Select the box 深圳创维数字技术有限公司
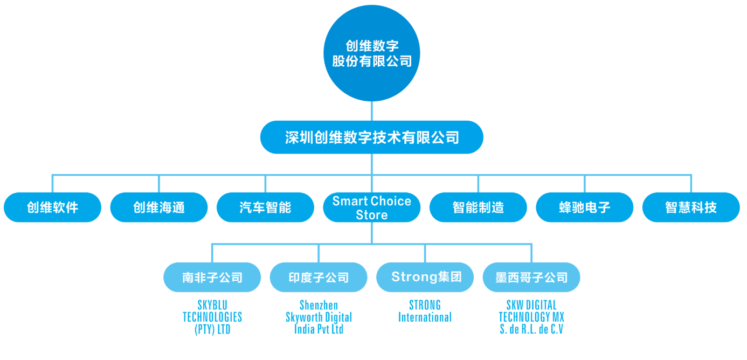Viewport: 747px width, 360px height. click(x=371, y=137)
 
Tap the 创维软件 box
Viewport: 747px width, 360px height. click(x=52, y=207)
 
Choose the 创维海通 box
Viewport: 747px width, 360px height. click(x=158, y=207)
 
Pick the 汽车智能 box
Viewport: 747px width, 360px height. click(x=265, y=207)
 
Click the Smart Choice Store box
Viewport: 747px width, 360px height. click(x=371, y=207)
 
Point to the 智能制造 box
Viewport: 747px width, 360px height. click(x=478, y=207)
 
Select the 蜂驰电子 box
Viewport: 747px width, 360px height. click(x=584, y=207)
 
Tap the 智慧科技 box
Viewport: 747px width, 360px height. click(x=691, y=207)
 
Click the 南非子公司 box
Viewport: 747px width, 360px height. click(x=212, y=278)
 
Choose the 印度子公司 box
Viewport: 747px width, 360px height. click(x=319, y=278)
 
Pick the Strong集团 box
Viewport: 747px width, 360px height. click(x=425, y=278)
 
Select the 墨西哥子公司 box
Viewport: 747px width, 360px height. click(x=531, y=278)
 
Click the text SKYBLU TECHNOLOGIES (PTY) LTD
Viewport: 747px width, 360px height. click(x=212, y=317)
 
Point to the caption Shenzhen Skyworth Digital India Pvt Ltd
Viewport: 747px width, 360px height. click(x=319, y=317)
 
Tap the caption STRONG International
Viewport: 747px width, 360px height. click(x=425, y=311)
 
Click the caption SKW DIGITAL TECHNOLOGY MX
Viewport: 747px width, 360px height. click(x=531, y=311)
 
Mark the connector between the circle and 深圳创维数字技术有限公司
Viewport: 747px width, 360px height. click(x=371, y=112)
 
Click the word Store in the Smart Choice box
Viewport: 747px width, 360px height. click(x=371, y=215)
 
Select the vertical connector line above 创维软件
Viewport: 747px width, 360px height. click(x=52, y=183)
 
